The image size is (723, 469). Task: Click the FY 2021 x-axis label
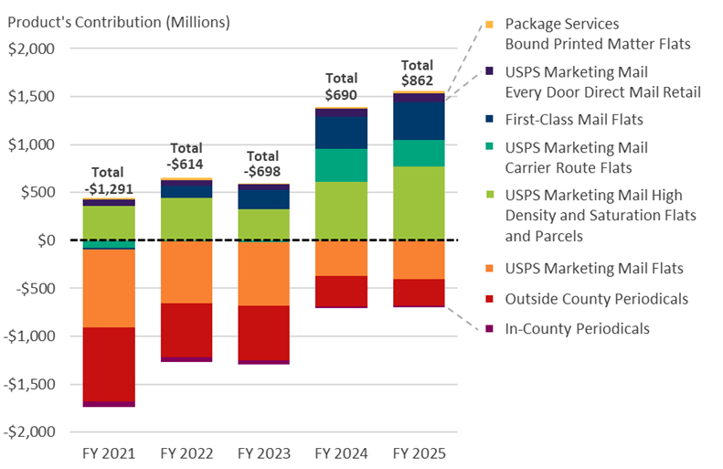(109, 453)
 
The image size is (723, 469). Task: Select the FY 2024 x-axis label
(341, 453)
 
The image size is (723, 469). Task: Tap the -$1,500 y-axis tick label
(30, 384)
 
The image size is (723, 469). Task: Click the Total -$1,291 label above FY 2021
(109, 180)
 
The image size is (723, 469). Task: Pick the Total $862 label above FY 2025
(418, 73)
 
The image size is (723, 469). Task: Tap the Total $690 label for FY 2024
(341, 87)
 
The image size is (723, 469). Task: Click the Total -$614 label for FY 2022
(186, 155)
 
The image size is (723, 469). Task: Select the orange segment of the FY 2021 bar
(109, 288)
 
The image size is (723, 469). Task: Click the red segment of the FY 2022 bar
(186, 330)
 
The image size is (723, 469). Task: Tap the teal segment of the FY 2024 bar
(341, 165)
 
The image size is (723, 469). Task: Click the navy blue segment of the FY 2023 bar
(263, 198)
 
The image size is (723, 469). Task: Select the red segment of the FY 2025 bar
(419, 293)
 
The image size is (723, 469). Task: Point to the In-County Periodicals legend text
(577, 328)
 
